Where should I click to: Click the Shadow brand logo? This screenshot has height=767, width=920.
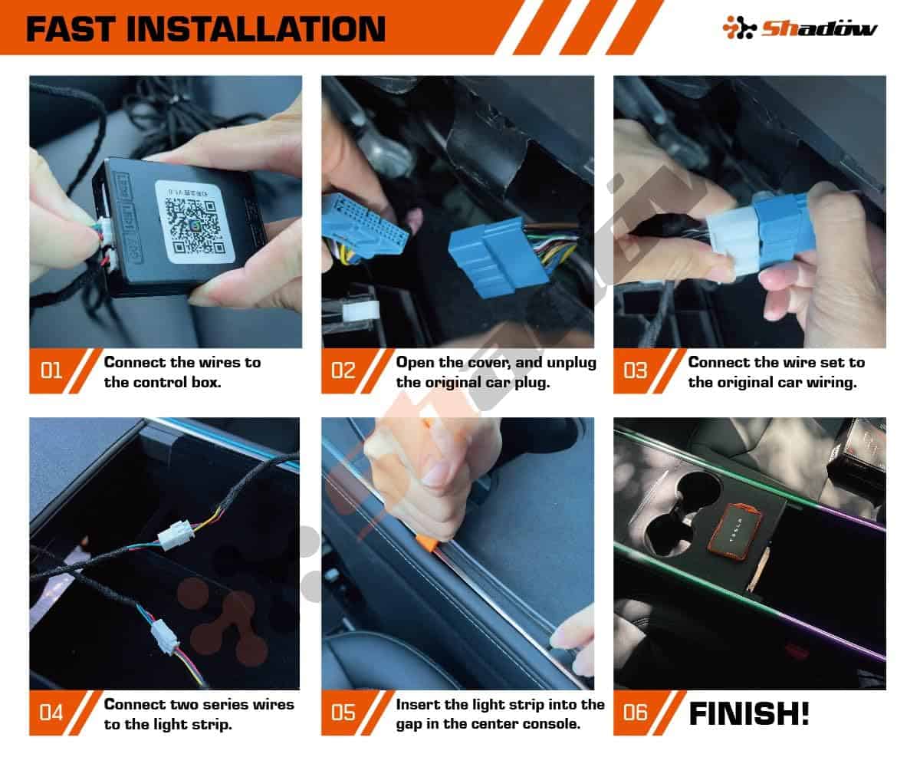800,28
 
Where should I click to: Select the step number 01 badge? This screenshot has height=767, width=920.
51,370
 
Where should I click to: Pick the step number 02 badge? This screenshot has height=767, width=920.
343,370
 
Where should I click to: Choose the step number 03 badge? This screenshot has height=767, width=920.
635,370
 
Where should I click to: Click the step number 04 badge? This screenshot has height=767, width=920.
51,713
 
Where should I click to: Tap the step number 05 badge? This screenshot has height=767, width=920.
343,713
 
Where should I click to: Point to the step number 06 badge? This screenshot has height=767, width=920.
635,713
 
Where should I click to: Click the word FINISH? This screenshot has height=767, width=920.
748,714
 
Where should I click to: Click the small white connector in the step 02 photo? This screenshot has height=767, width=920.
360,312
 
